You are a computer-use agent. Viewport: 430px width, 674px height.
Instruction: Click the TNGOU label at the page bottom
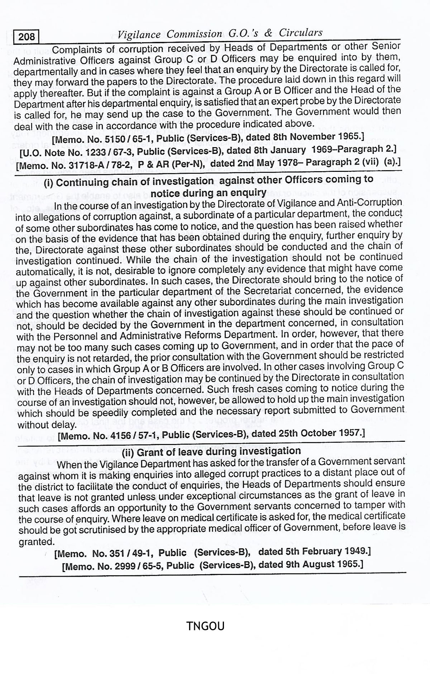pyautogui.click(x=205, y=626)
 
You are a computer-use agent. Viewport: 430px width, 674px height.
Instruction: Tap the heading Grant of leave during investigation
pyautogui.click(x=211, y=451)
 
